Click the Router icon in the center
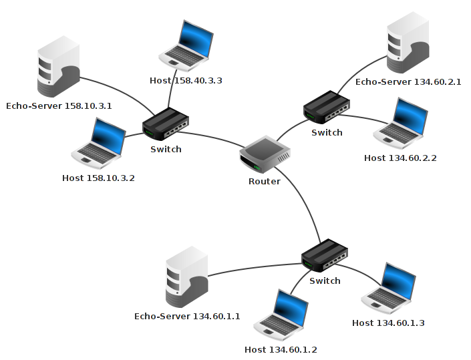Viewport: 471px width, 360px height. point(265,156)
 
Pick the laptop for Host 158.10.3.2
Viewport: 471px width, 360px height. point(99,142)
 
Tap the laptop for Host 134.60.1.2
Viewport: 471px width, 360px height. point(281,315)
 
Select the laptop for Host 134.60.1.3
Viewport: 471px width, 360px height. point(388,288)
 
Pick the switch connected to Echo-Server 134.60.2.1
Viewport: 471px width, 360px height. point(327,108)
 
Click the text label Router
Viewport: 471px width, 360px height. point(265,181)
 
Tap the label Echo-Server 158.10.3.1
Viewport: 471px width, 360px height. point(59,106)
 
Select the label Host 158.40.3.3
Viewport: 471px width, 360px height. point(186,80)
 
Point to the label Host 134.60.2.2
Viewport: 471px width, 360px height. point(400,158)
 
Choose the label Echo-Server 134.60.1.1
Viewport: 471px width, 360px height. point(187,316)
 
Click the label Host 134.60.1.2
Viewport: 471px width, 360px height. point(281,349)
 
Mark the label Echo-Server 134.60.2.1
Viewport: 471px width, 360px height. point(408,81)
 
